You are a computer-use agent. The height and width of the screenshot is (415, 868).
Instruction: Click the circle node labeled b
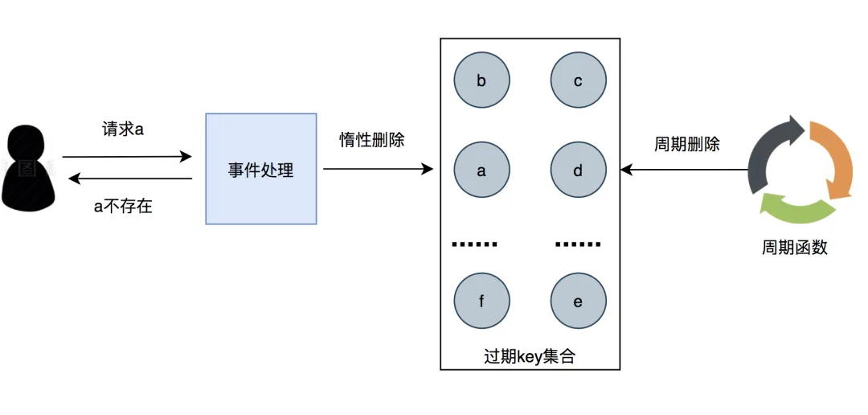click(481, 80)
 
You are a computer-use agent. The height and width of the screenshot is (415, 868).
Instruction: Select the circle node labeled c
click(578, 80)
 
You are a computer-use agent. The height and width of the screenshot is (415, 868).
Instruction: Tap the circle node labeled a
click(481, 171)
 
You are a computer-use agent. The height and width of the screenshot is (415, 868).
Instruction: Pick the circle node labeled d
click(578, 171)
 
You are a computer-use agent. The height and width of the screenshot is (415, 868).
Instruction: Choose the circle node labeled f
click(481, 302)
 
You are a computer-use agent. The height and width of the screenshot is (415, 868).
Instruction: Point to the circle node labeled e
click(578, 302)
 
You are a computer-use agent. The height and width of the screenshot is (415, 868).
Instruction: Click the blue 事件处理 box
click(261, 169)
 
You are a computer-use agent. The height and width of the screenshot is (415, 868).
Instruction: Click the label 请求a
click(123, 129)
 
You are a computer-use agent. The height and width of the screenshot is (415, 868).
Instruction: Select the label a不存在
click(123, 207)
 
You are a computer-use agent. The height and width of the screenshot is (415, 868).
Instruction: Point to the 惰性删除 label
click(371, 139)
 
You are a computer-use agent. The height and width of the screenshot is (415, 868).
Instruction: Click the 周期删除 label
click(687, 145)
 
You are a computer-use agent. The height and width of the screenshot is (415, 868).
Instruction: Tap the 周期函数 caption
click(794, 248)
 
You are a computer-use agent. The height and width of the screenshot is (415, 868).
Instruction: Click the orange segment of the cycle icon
click(833, 160)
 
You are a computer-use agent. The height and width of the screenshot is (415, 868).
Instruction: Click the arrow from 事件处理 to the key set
click(378, 169)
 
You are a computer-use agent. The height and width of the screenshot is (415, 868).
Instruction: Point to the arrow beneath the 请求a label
click(127, 157)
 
